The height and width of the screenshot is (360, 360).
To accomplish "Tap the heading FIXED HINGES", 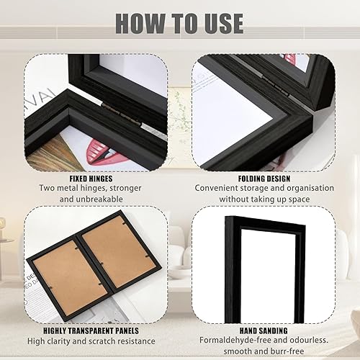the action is (91, 179).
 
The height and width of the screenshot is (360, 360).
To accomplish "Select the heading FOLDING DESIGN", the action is (264, 179).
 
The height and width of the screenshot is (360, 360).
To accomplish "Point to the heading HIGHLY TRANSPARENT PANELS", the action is (91, 330).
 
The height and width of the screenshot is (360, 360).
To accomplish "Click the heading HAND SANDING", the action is (264, 330).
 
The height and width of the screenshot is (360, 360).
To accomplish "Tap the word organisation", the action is (310, 188).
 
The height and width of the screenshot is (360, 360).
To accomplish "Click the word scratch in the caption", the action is (104, 341).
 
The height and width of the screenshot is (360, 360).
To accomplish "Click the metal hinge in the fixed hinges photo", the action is (122, 114).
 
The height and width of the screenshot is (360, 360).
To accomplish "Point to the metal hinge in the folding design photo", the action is (276, 86).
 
